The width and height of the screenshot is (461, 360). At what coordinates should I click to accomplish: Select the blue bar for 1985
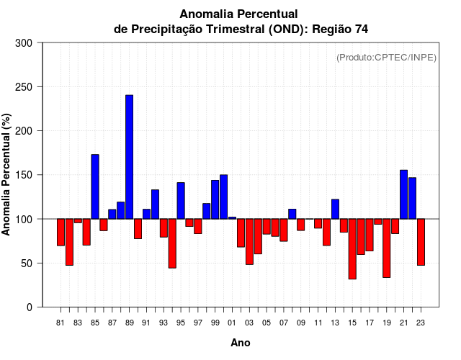[x=95, y=186]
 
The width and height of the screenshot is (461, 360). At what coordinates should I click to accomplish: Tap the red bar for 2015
[x=352, y=248]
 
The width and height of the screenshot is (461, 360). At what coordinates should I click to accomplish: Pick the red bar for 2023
[x=421, y=242]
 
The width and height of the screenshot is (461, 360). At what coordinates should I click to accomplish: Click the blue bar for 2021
[x=403, y=194]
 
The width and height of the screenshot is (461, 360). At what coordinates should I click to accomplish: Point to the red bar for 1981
[x=61, y=232]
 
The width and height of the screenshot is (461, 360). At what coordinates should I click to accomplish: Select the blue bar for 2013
[x=335, y=209]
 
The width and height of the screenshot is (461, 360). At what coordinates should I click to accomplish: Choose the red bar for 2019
[x=386, y=248]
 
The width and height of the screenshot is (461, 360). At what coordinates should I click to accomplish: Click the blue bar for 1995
[x=181, y=201]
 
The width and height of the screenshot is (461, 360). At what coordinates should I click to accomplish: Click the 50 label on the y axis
[x=29, y=264]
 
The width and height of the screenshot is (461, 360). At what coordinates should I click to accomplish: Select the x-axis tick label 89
[x=129, y=323]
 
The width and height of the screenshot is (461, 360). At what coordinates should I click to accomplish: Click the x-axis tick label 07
[x=284, y=323]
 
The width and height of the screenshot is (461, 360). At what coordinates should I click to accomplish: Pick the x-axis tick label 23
[x=421, y=323]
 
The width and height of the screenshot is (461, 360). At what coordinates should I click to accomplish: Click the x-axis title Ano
[x=241, y=343]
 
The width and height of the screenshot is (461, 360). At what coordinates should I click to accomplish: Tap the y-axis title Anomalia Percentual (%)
[x=6, y=174]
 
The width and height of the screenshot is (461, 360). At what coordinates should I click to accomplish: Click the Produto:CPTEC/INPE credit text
[x=387, y=58]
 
